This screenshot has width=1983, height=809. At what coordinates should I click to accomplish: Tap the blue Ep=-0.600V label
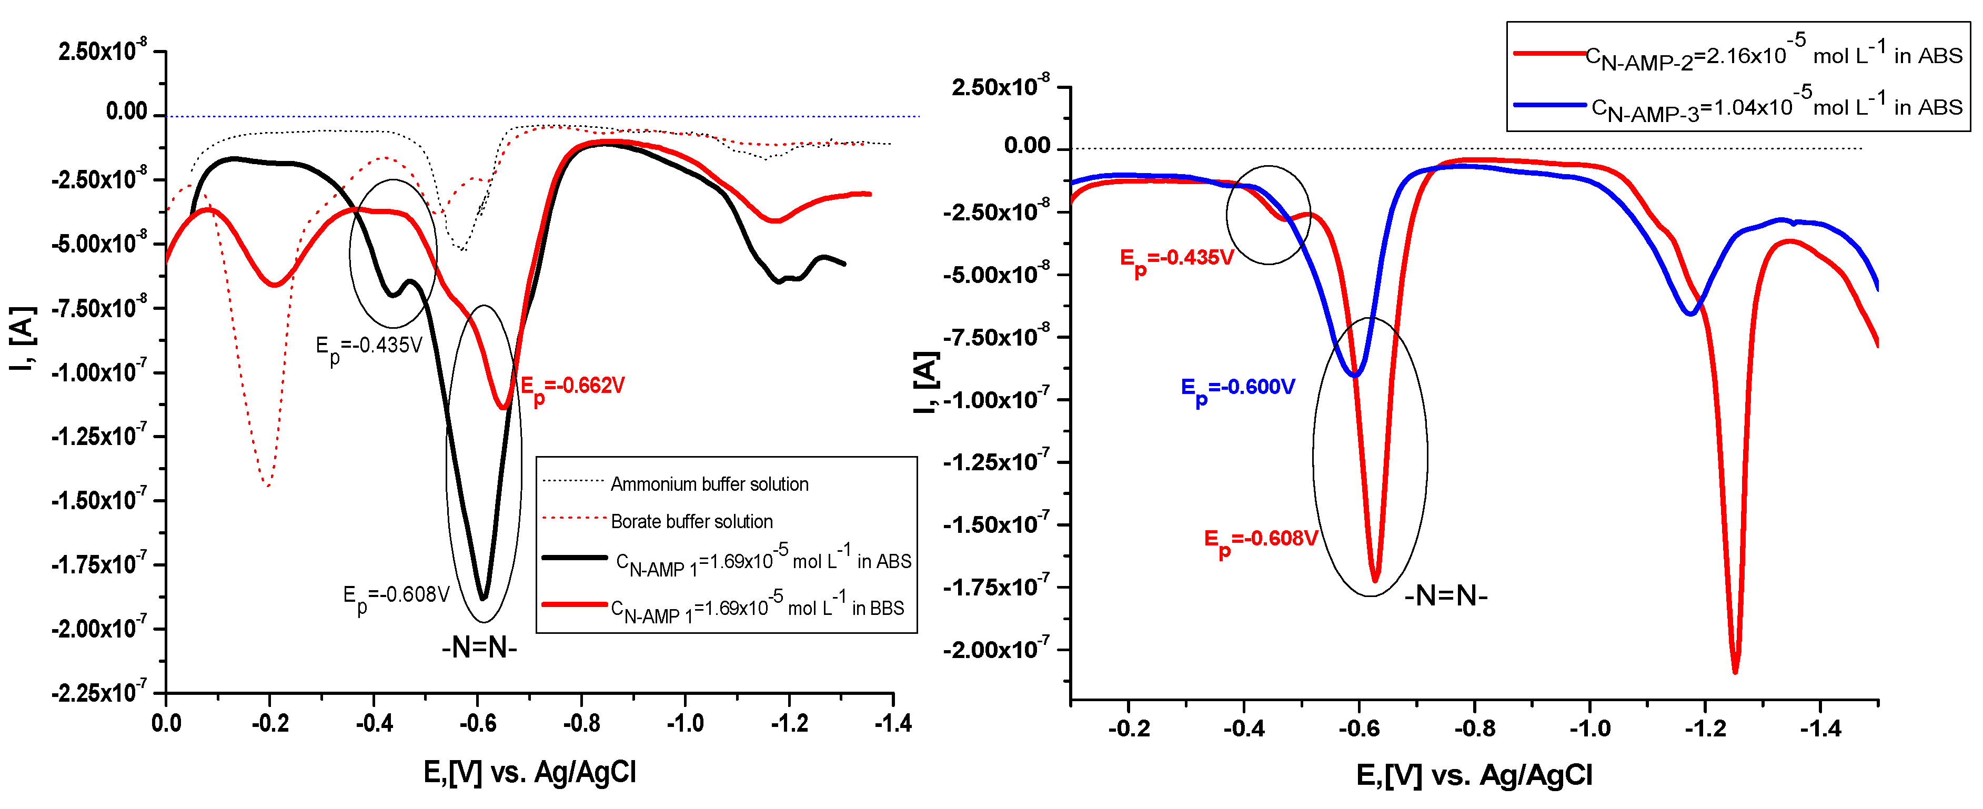[x=1238, y=388]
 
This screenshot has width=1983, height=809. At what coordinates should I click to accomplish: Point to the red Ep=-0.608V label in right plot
[x=1260, y=540]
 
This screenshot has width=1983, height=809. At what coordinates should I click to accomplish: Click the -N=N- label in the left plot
[x=479, y=648]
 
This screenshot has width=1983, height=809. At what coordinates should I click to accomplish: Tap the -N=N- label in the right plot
[x=1446, y=596]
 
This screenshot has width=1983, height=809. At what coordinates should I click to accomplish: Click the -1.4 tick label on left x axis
[x=892, y=724]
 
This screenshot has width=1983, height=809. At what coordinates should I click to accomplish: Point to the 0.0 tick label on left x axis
[x=166, y=724]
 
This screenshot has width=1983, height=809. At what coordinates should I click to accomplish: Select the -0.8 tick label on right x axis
[x=1474, y=728]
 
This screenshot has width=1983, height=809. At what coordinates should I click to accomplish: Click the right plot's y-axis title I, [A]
[x=926, y=382]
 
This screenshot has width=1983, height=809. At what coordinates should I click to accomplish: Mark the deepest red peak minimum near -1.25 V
[x=1735, y=671]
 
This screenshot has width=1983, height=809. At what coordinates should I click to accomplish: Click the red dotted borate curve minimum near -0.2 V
[x=267, y=485]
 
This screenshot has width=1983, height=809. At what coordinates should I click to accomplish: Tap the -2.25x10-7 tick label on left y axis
[x=98, y=693]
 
